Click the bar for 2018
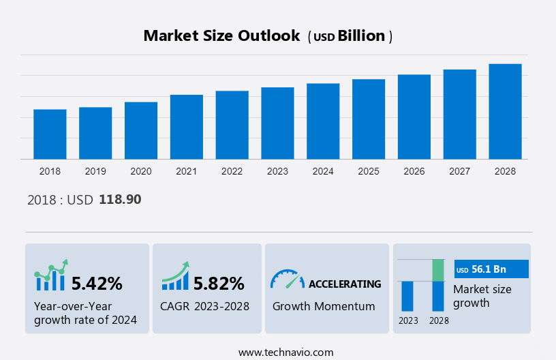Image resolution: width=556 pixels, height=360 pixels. (x=50, y=134)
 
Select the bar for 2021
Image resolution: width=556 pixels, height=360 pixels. (x=187, y=127)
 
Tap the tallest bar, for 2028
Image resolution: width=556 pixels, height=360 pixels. (x=505, y=112)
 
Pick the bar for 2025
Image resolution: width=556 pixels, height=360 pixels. (x=369, y=119)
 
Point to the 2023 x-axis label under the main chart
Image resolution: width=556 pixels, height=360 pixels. (x=277, y=171)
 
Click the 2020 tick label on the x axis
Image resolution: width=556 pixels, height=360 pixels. (x=141, y=171)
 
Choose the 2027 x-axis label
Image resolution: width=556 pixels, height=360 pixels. (x=460, y=171)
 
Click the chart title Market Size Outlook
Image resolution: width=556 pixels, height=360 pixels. (x=221, y=36)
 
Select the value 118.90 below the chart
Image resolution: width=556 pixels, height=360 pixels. (x=120, y=200)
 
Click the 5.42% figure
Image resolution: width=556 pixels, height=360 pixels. (x=97, y=283)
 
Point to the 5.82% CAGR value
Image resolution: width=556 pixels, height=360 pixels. (x=219, y=283)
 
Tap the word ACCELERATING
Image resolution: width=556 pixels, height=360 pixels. (x=345, y=284)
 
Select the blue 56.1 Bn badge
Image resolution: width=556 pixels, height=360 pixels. (x=491, y=269)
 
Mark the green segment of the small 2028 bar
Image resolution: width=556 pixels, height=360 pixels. (x=438, y=270)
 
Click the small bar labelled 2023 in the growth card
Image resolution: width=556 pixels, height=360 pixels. (x=407, y=296)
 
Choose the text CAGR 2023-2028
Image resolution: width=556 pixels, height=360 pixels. (x=204, y=306)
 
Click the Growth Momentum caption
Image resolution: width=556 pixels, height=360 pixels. (x=324, y=306)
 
